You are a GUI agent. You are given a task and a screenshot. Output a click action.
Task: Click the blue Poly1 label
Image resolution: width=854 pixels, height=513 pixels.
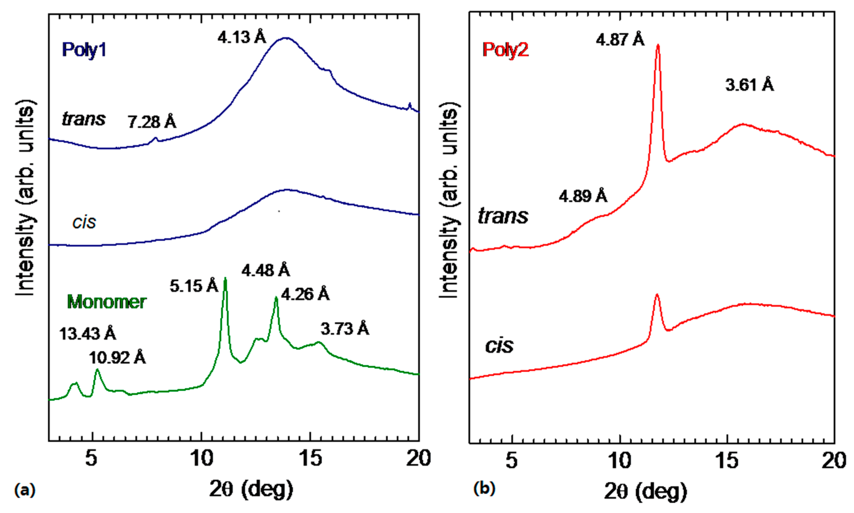pos(84,50)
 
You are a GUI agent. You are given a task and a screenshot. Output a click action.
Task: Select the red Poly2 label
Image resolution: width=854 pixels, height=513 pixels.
pos(505,50)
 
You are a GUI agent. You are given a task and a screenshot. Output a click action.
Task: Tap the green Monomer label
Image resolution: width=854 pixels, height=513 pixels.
pos(106,302)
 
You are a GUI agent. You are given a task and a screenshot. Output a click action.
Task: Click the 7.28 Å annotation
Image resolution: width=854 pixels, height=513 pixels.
pos(152,122)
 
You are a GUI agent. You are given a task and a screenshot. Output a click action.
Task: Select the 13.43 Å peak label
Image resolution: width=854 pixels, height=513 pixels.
pos(87,334)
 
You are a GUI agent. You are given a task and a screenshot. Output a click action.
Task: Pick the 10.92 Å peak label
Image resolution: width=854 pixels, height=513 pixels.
pos(117,358)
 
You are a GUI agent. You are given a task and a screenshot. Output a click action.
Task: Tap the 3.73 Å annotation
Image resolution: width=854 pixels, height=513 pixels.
pos(344,329)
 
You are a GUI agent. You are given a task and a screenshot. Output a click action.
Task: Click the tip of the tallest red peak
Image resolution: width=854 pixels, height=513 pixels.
pos(658,45)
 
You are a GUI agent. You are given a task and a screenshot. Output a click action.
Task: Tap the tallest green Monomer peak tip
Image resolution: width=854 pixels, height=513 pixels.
pos(225,278)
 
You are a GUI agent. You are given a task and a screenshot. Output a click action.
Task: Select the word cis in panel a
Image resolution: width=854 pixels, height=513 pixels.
pos(84,222)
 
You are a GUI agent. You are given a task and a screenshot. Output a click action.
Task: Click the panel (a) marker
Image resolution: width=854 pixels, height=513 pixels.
pos(24,490)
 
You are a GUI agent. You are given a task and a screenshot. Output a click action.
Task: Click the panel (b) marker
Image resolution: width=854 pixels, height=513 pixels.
pos(484,489)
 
